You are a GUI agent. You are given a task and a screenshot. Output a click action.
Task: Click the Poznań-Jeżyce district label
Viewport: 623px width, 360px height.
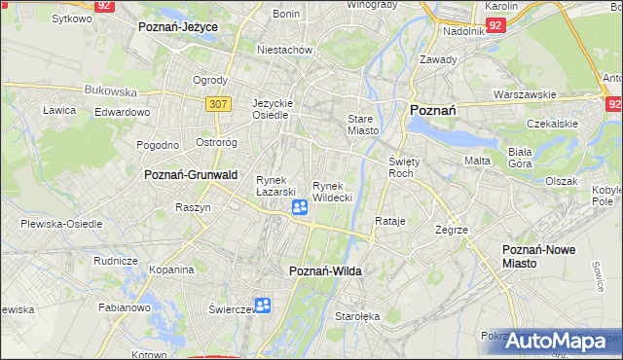(177, 27)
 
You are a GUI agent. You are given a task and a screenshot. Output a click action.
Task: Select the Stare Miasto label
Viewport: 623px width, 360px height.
(362, 125)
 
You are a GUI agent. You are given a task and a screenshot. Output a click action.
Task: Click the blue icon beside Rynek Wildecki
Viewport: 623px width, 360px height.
(301, 207)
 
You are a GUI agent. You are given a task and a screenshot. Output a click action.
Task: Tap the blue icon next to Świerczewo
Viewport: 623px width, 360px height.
(263, 306)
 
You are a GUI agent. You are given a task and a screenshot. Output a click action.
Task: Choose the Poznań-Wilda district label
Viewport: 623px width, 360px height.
(325, 271)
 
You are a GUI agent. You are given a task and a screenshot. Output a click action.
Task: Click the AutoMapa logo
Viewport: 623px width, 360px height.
(558, 341)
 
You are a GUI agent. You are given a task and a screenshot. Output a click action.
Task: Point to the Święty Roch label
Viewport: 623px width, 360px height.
(402, 166)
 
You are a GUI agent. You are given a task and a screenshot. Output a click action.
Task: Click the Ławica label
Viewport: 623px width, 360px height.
(59, 110)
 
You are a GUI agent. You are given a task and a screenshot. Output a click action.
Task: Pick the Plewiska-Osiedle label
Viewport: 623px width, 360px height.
(61, 223)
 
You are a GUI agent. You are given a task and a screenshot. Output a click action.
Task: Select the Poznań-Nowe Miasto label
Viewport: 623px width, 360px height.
(538, 257)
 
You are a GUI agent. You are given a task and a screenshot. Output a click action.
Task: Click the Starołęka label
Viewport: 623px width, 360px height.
(357, 316)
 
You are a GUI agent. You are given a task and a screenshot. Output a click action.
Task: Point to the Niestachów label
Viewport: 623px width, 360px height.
(283, 49)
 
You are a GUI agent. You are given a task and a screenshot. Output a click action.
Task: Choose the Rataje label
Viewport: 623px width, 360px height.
(389, 221)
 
